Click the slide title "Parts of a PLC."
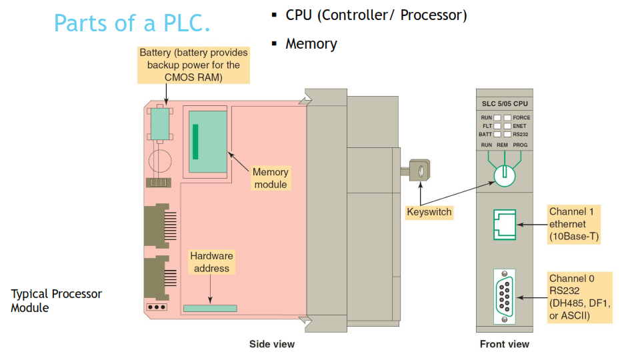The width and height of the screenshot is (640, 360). click(132, 23)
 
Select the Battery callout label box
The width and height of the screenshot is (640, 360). click(193, 65)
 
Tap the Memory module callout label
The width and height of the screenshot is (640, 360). click(271, 178)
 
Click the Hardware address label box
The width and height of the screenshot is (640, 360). click(212, 262)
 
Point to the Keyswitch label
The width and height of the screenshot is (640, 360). click(429, 212)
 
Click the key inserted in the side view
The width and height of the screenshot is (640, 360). click(419, 171)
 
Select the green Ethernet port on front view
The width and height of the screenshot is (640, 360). click(505, 224)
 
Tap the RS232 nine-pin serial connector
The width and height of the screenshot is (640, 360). click(504, 296)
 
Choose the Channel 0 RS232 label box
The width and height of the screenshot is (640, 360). click(579, 297)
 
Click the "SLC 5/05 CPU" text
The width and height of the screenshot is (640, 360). click(505, 103)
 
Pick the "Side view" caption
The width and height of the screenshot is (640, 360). click(272, 344)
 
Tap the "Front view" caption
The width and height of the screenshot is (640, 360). click(505, 344)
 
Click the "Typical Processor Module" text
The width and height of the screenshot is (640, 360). click(56, 301)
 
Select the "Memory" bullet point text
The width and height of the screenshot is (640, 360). click(311, 44)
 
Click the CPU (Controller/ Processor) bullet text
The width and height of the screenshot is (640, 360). click(376, 15)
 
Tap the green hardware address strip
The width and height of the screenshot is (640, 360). click(210, 308)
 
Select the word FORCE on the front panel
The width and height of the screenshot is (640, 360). click(521, 117)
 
